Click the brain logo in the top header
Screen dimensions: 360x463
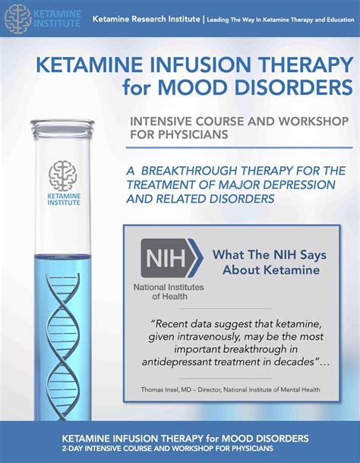tap(17, 18)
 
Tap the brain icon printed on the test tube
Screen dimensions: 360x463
tap(63, 175)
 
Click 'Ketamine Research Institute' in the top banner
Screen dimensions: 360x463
tap(146, 19)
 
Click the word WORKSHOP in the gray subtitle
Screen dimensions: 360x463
tap(314, 121)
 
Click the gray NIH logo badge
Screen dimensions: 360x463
tap(172, 258)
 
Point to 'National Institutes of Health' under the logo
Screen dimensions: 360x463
tap(169, 291)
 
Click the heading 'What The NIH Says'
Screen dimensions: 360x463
tap(270, 255)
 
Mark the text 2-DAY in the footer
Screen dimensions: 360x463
tap(71, 449)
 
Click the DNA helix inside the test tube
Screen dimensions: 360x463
tap(63, 346)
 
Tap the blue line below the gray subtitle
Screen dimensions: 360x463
tap(239, 147)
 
